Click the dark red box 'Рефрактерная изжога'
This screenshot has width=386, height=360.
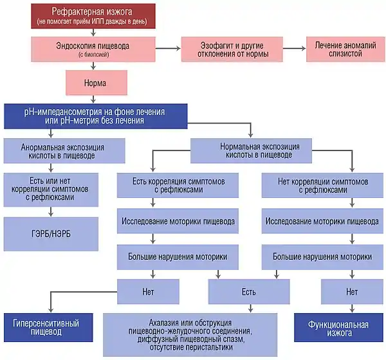tap(93, 16)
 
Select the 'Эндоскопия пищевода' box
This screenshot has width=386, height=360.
tap(93, 49)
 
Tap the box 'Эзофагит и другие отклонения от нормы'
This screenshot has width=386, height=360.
tap(232, 49)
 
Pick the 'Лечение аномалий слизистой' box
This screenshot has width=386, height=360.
tap(345, 49)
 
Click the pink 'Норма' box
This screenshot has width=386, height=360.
tap(96, 82)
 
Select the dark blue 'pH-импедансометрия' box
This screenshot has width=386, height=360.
tap(95, 116)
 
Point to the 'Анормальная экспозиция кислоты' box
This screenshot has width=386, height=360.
tap(64, 150)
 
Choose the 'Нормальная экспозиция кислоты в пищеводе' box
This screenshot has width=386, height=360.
tap(251, 150)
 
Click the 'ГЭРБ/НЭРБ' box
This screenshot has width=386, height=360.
tap(51, 234)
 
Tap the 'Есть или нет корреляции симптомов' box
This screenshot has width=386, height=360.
tap(51, 190)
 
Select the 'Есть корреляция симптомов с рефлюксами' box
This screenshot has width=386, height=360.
tap(178, 185)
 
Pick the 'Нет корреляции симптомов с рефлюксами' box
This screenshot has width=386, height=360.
tap(322, 185)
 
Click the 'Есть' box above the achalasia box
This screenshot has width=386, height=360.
tap(249, 292)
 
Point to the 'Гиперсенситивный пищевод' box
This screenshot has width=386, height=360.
tap(48, 327)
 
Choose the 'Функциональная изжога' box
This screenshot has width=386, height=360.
tap(339, 327)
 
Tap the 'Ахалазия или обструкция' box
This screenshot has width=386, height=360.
tap(190, 335)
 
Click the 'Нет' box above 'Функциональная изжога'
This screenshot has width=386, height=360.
tap(352, 292)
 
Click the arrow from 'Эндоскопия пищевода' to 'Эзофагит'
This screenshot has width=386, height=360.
tap(168, 48)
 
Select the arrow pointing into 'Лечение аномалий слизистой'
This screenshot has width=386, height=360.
tap(295, 48)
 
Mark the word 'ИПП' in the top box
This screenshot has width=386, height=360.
tap(98, 21)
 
